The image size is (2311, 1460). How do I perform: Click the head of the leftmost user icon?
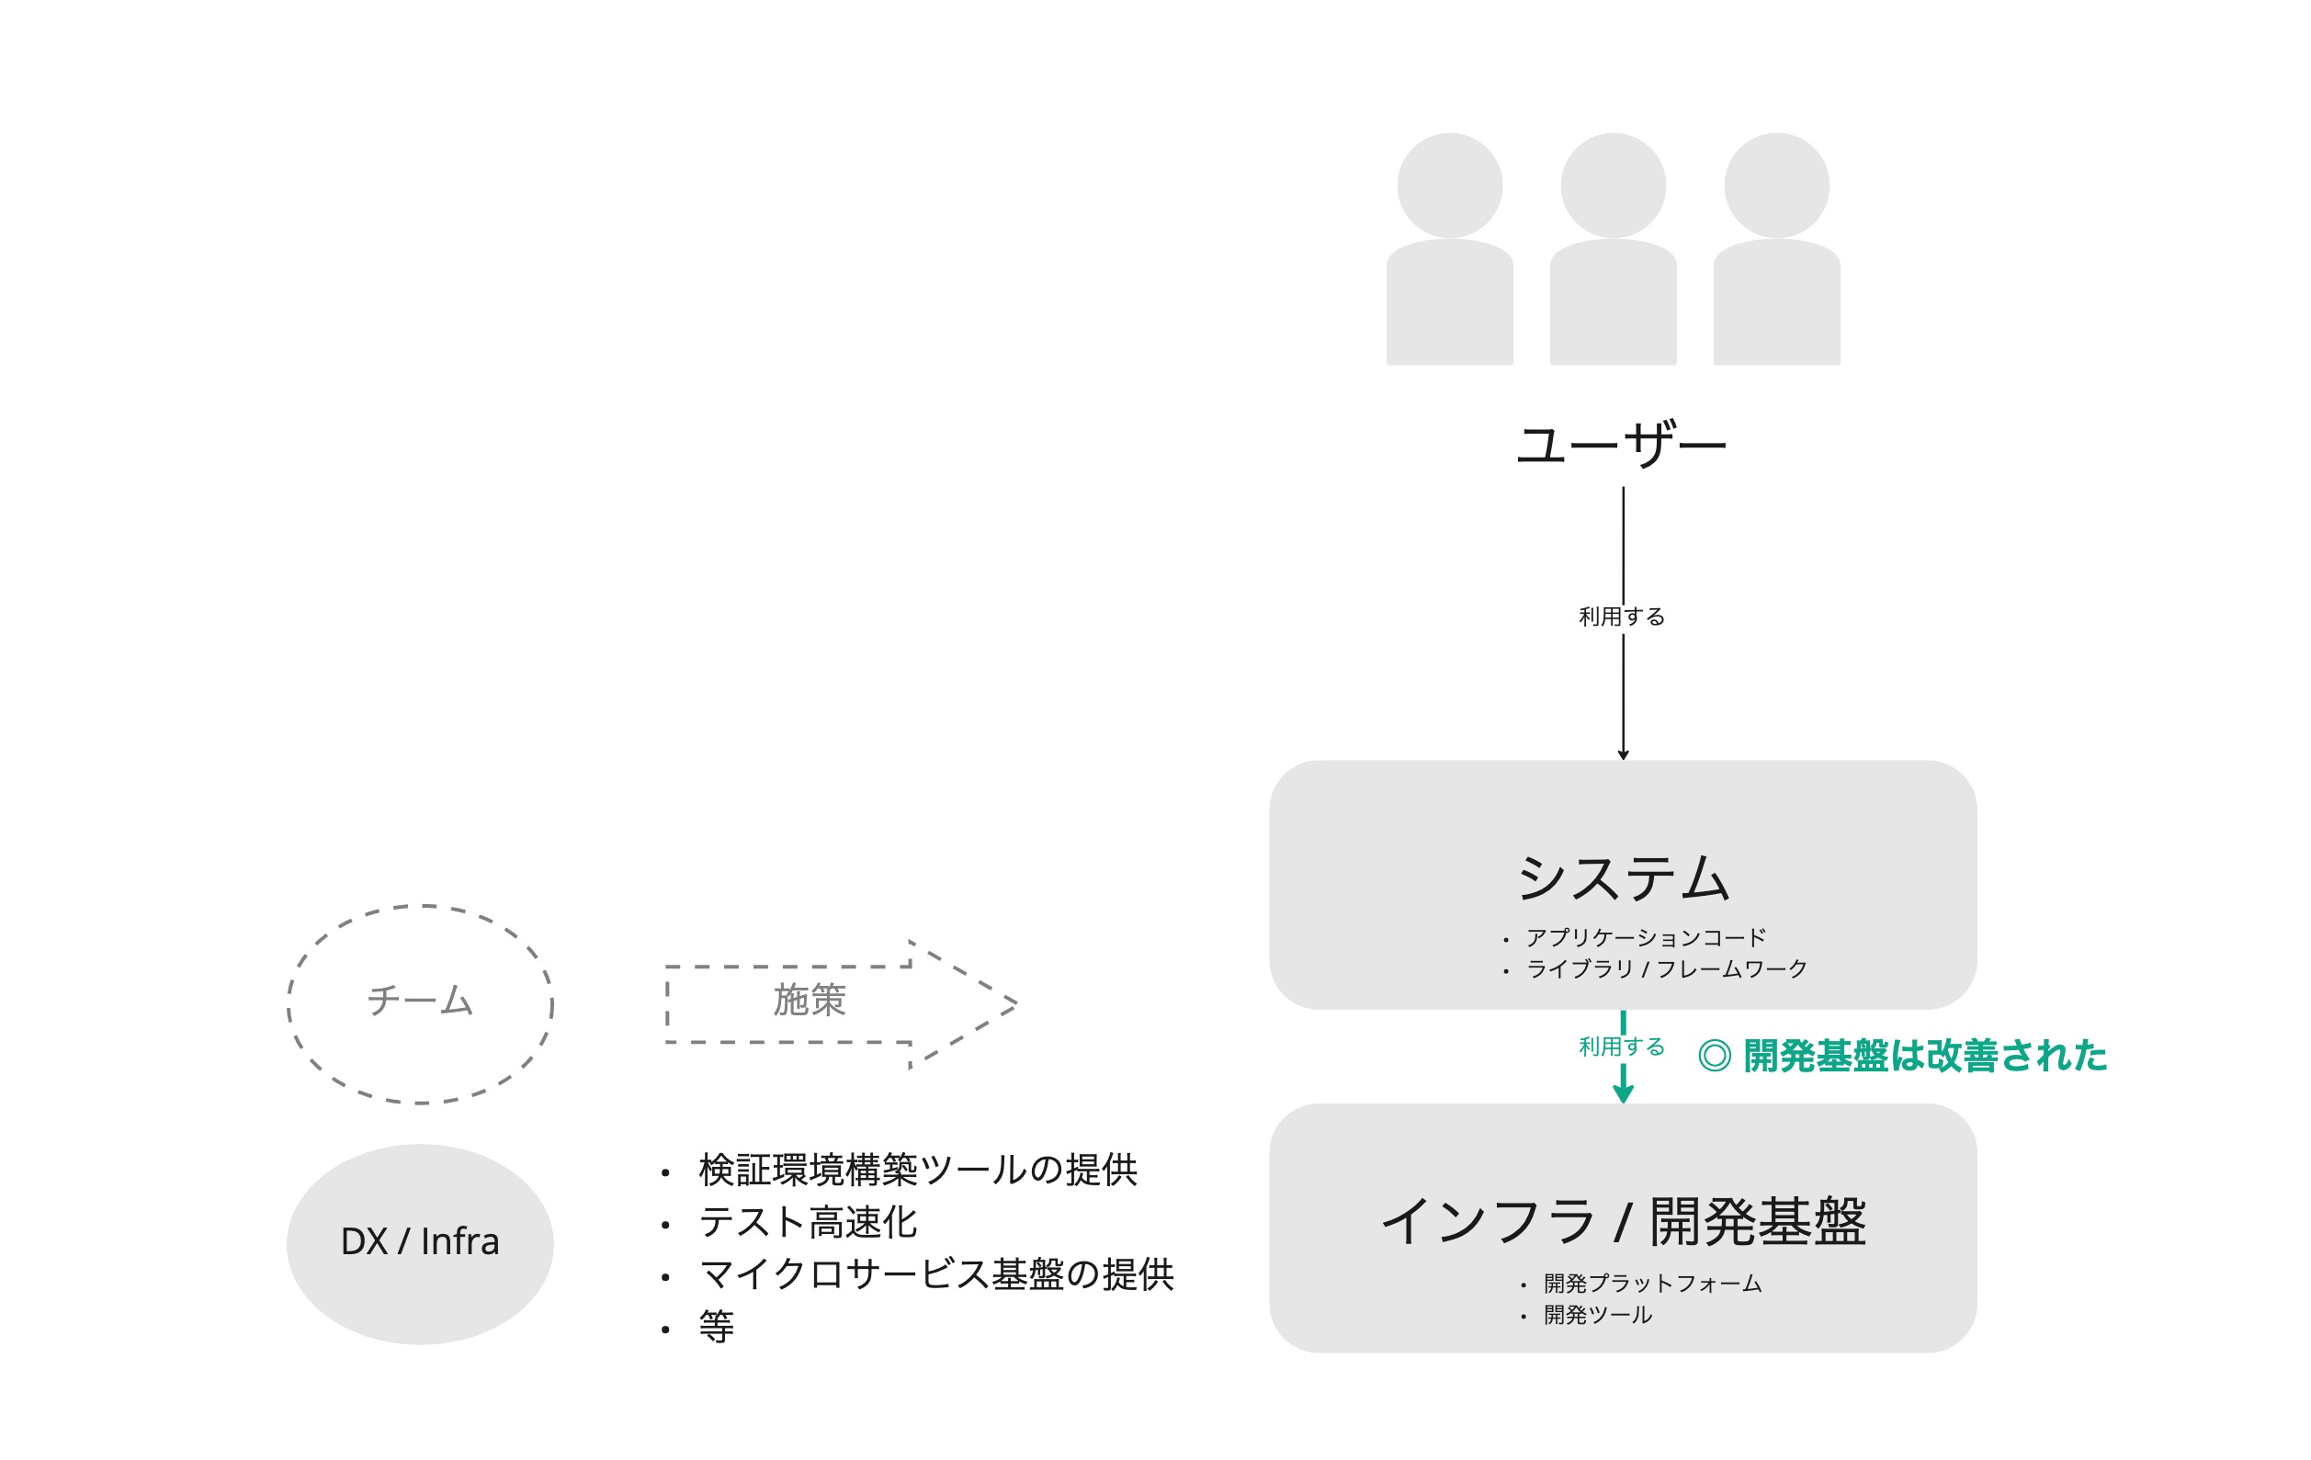click(1449, 186)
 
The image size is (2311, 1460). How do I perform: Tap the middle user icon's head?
click(1614, 186)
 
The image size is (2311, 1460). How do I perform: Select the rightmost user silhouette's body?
click(1776, 301)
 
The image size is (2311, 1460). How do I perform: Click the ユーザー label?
click(1621, 445)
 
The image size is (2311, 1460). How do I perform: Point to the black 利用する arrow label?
click(1622, 617)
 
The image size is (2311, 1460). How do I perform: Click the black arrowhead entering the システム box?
click(1623, 754)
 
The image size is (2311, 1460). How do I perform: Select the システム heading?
click(1623, 877)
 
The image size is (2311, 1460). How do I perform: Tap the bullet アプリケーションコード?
click(1646, 938)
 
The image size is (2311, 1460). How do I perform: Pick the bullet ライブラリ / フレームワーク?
click(1667, 969)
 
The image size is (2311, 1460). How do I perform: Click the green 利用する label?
click(1622, 1047)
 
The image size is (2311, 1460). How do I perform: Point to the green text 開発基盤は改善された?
click(1924, 1056)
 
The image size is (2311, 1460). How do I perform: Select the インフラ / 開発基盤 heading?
click(1623, 1222)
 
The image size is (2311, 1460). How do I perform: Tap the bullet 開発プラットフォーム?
click(1653, 1284)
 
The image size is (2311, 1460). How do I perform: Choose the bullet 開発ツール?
click(1598, 1315)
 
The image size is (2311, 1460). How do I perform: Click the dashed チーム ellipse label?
click(420, 1001)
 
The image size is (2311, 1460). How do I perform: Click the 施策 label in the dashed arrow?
click(809, 1001)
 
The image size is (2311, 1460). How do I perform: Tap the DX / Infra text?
click(420, 1241)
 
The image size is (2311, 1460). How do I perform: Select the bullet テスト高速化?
click(808, 1223)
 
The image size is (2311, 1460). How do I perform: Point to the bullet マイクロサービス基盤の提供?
click(936, 1274)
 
